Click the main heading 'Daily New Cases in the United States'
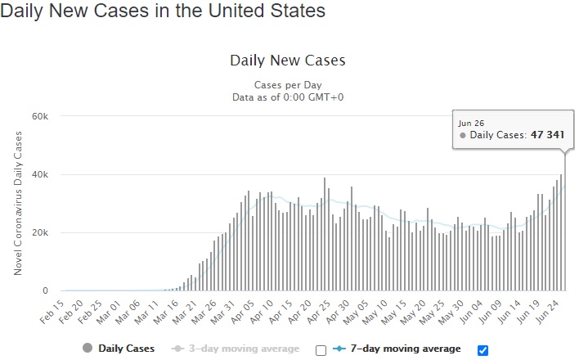[163, 11]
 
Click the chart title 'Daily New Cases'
[288, 61]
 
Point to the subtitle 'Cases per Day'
[288, 85]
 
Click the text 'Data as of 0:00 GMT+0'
[288, 97]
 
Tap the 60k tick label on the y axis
[40, 116]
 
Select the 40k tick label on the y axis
[40, 174]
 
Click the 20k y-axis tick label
[40, 232]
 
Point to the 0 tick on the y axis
[45, 290]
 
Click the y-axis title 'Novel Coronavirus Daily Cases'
[18, 203]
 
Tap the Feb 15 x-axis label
[52, 313]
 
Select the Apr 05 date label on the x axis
[243, 313]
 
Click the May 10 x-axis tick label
[375, 313]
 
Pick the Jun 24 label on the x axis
[548, 313]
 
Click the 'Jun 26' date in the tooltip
[471, 124]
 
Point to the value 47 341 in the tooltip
[548, 135]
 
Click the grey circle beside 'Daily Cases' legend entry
[88, 349]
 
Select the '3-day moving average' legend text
[244, 349]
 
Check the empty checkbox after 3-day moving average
[321, 350]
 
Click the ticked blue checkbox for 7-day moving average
[482, 350]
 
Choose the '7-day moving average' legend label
[406, 349]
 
